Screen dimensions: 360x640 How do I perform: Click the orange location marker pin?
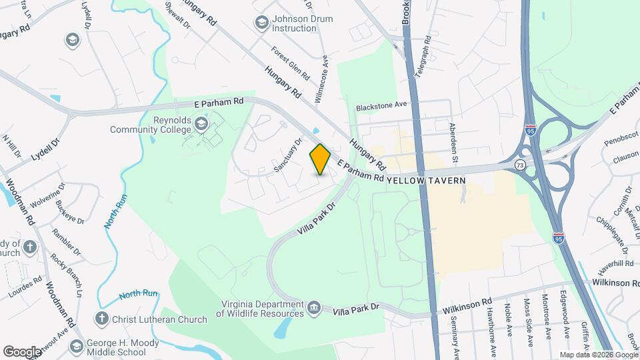point(320,159)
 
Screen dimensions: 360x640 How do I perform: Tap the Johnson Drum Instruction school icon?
point(262,23)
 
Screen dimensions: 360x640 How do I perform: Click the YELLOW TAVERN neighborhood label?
point(426,180)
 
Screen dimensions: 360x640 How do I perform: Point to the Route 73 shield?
point(519,164)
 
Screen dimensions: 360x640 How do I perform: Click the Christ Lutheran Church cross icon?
point(102,319)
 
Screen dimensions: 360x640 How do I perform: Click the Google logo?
point(22,351)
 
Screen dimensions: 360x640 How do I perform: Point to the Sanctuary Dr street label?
point(289,155)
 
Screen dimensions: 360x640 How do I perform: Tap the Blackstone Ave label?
point(381,105)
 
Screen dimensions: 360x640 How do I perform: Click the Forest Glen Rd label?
point(291,63)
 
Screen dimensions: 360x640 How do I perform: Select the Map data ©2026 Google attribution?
point(598,355)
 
